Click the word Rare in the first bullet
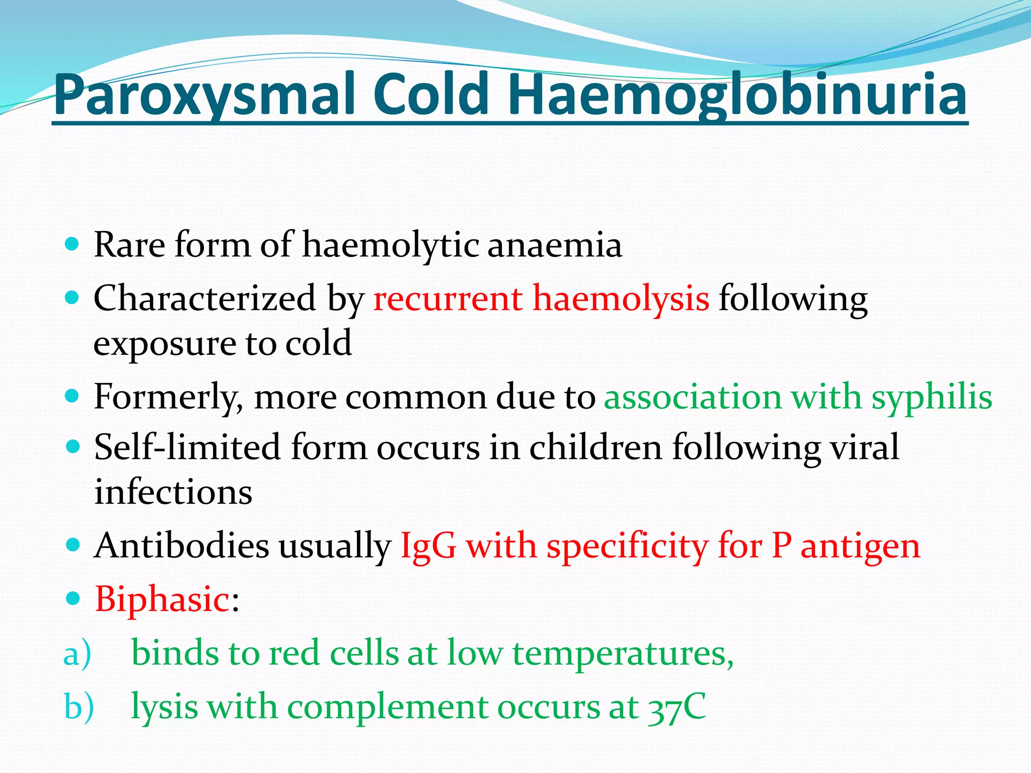point(129,245)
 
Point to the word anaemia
point(554,245)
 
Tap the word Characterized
point(204,298)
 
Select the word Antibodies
point(182,546)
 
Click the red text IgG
point(428,547)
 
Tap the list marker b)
point(79,707)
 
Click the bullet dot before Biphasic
point(73,598)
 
